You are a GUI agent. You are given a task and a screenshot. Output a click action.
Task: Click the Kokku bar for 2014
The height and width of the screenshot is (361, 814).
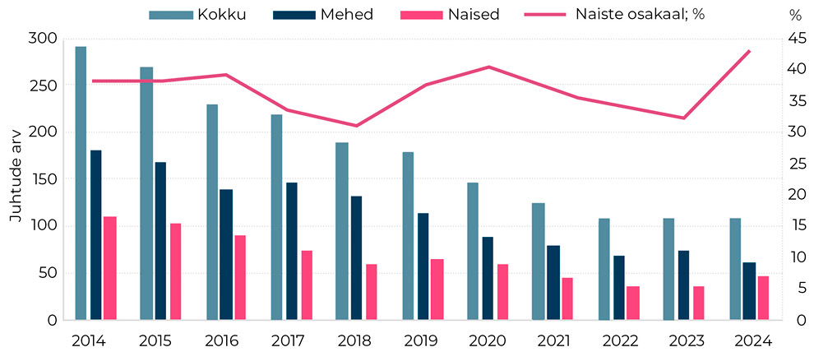tap(81, 183)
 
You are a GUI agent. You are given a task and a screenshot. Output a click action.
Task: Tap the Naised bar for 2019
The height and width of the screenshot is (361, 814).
tap(437, 289)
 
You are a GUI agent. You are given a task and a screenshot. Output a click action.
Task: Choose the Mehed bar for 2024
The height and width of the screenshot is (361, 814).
tap(749, 291)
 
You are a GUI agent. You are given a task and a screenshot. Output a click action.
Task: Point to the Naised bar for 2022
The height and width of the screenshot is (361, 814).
tap(633, 303)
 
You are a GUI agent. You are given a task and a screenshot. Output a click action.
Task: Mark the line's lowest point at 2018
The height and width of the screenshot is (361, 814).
tap(357, 126)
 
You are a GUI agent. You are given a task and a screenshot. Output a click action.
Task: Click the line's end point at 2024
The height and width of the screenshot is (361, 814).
tap(749, 51)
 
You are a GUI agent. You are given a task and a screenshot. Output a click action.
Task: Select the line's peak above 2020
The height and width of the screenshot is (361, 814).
tap(488, 67)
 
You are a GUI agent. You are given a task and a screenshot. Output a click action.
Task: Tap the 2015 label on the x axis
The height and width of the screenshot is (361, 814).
tap(155, 340)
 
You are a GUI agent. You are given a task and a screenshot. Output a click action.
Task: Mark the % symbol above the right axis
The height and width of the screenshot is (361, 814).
tap(795, 15)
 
